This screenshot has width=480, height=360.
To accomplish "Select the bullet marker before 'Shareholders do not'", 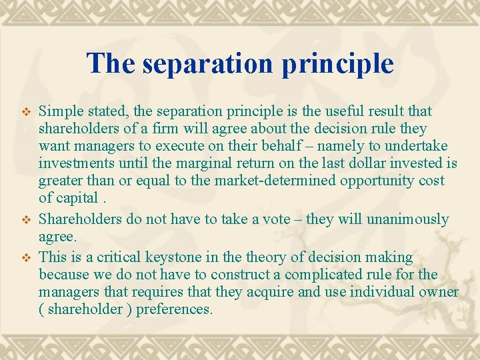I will [x=27, y=220].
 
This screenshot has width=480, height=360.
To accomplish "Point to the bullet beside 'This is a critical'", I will [x=27, y=258].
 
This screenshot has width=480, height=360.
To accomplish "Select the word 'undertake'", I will [x=417, y=146].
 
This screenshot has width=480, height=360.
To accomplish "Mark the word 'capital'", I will [x=77, y=198].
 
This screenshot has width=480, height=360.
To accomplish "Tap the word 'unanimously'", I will [x=411, y=219].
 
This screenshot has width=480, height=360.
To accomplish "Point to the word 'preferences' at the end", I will [x=173, y=309].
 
